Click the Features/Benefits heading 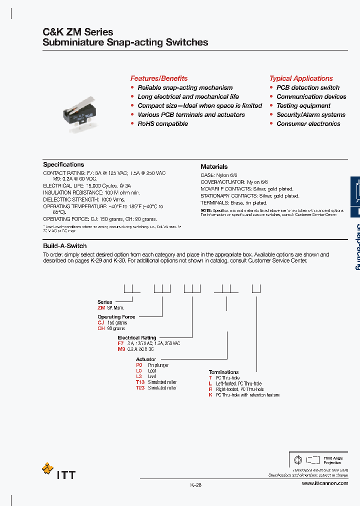tap(159, 78)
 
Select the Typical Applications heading tap(301, 78)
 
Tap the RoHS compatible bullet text tap(162, 123)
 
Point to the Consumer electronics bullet tap(308, 123)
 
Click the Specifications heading tap(63, 164)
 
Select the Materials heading tap(214, 166)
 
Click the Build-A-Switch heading tap(65, 246)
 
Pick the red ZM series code tap(101, 308)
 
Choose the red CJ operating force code tap(100, 323)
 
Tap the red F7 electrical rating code tap(120, 344)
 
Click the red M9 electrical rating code tap(121, 349)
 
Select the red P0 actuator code tap(139, 365)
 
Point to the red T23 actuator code tap(140, 388)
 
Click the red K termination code tap(210, 395)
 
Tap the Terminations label tap(223, 372)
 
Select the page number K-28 tap(195, 485)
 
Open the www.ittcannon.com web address tap(324, 483)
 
